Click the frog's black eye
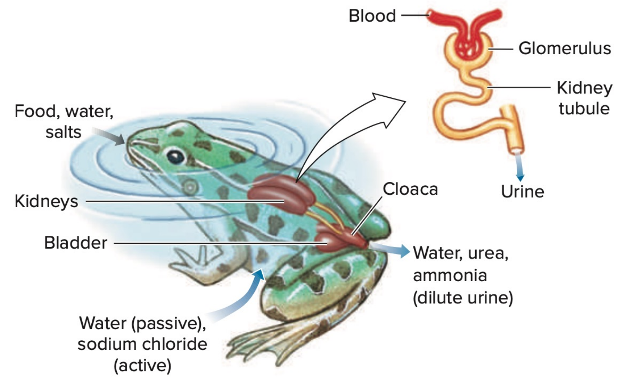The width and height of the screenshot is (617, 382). pos(175,156)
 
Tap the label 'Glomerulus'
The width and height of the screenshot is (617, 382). pos(564,49)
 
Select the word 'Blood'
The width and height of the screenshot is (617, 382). pos(372,16)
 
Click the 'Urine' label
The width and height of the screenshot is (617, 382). pos(522,191)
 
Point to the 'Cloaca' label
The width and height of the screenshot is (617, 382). pos(410,189)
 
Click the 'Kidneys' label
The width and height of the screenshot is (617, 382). pos(46,201)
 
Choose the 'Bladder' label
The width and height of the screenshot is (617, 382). pos(75,243)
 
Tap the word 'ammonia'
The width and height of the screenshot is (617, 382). pos(450,275)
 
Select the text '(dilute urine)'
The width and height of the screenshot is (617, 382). pos(463,297)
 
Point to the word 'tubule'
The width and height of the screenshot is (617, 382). pos(584,108)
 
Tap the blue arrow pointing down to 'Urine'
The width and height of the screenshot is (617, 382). pos(520,167)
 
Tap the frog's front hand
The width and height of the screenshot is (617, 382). pos(193,261)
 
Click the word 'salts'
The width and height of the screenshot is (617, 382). pos(63,132)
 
